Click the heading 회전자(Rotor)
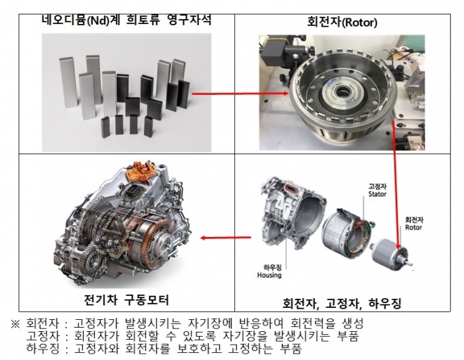pyautogui.click(x=342, y=22)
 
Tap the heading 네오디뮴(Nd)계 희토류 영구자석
pyautogui.click(x=127, y=20)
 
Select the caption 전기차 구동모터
pyautogui.click(x=127, y=300)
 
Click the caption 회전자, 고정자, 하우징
pyautogui.click(x=342, y=303)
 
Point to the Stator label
pyautogui.click(x=378, y=194)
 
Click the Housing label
pyautogui.click(x=269, y=275)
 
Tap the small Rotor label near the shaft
pyautogui.click(x=413, y=227)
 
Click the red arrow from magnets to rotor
pyautogui.click(x=240, y=94)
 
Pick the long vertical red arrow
pyautogui.click(x=396, y=186)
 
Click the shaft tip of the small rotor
pyautogui.click(x=410, y=264)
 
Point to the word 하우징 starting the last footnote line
pyautogui.click(x=43, y=349)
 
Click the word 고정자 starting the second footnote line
pyautogui.click(x=43, y=336)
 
